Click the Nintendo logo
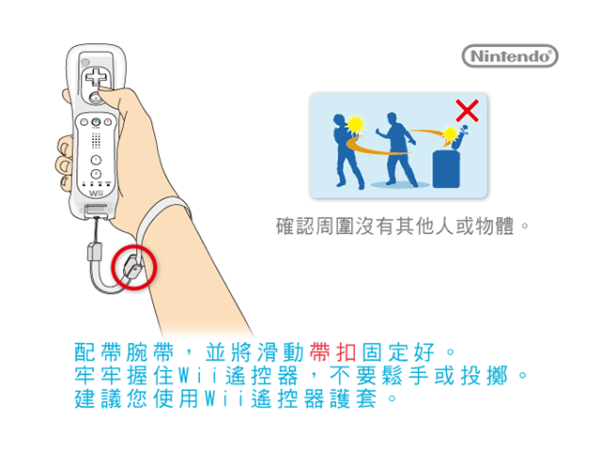(510, 56)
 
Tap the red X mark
(467, 111)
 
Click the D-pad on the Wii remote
(96, 77)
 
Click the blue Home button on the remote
(96, 122)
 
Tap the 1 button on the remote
(96, 160)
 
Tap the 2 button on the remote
(96, 174)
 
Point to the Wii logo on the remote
(96, 194)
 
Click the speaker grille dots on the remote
(96, 140)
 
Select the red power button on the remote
(85, 62)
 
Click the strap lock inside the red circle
(132, 268)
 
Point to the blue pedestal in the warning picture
(446, 169)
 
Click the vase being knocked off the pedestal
(458, 138)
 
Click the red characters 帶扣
(332, 352)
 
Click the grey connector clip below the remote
(95, 252)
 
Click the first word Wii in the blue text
(198, 376)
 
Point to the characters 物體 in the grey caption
(494, 226)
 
